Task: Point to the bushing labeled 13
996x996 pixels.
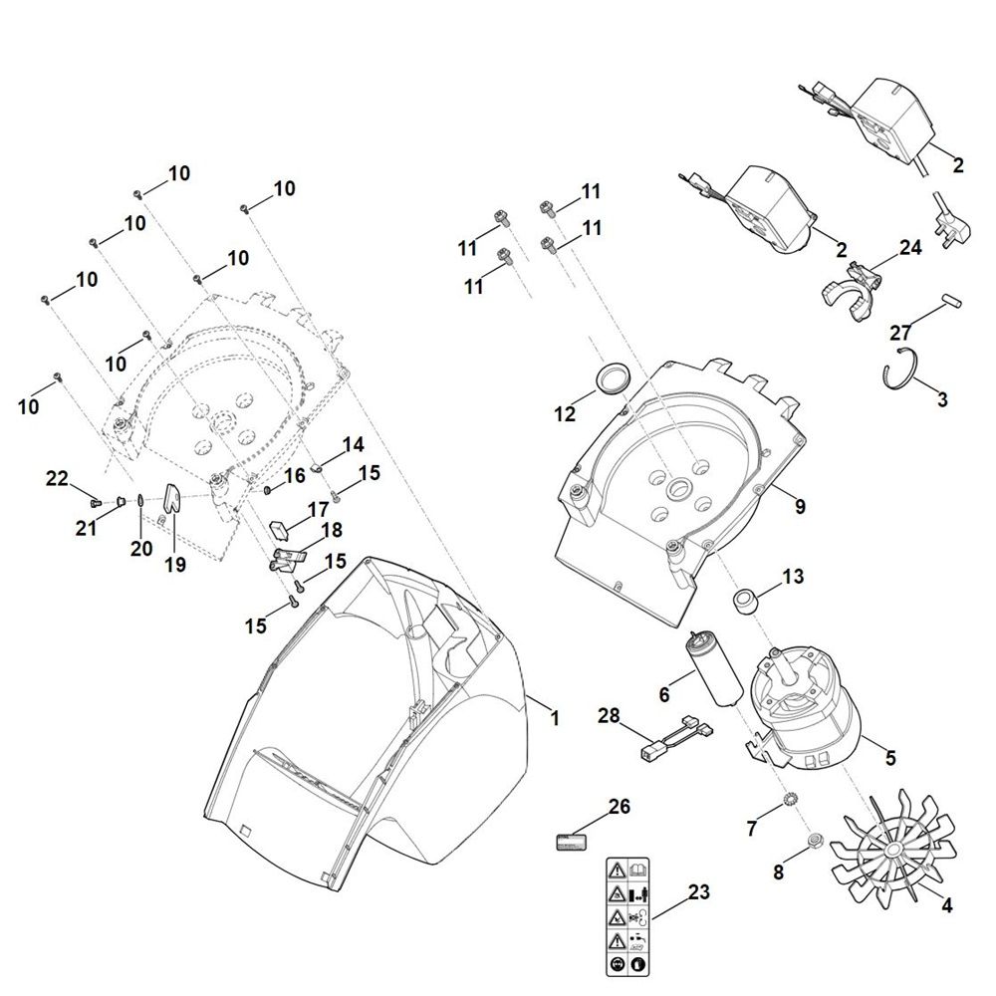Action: click(745, 602)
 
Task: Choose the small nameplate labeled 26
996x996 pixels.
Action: click(573, 842)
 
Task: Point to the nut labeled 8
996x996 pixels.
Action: click(815, 842)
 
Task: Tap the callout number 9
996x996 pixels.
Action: click(800, 507)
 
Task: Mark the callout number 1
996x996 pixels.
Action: click(554, 716)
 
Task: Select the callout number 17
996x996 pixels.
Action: click(319, 509)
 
